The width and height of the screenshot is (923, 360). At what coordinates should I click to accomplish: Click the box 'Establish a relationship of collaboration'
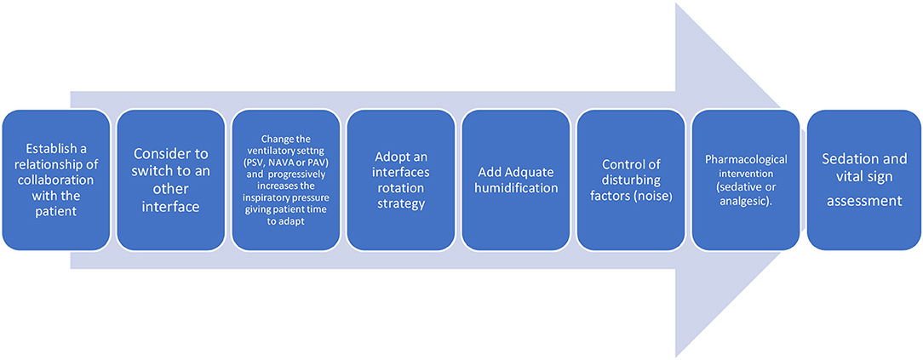click(56, 180)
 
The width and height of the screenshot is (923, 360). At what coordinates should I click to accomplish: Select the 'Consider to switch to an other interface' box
click(170, 180)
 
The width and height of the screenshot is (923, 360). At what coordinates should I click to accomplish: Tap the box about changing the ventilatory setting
click(286, 180)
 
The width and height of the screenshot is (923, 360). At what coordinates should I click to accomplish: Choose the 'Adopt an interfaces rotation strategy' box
click(401, 180)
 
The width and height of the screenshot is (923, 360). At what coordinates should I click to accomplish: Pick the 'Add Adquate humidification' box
click(516, 180)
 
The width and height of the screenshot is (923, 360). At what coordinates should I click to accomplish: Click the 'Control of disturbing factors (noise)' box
click(631, 180)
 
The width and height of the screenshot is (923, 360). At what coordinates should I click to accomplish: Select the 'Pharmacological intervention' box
click(746, 180)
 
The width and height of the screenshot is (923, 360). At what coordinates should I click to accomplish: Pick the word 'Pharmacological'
click(746, 160)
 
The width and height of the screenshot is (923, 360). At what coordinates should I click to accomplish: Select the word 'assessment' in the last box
click(864, 201)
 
